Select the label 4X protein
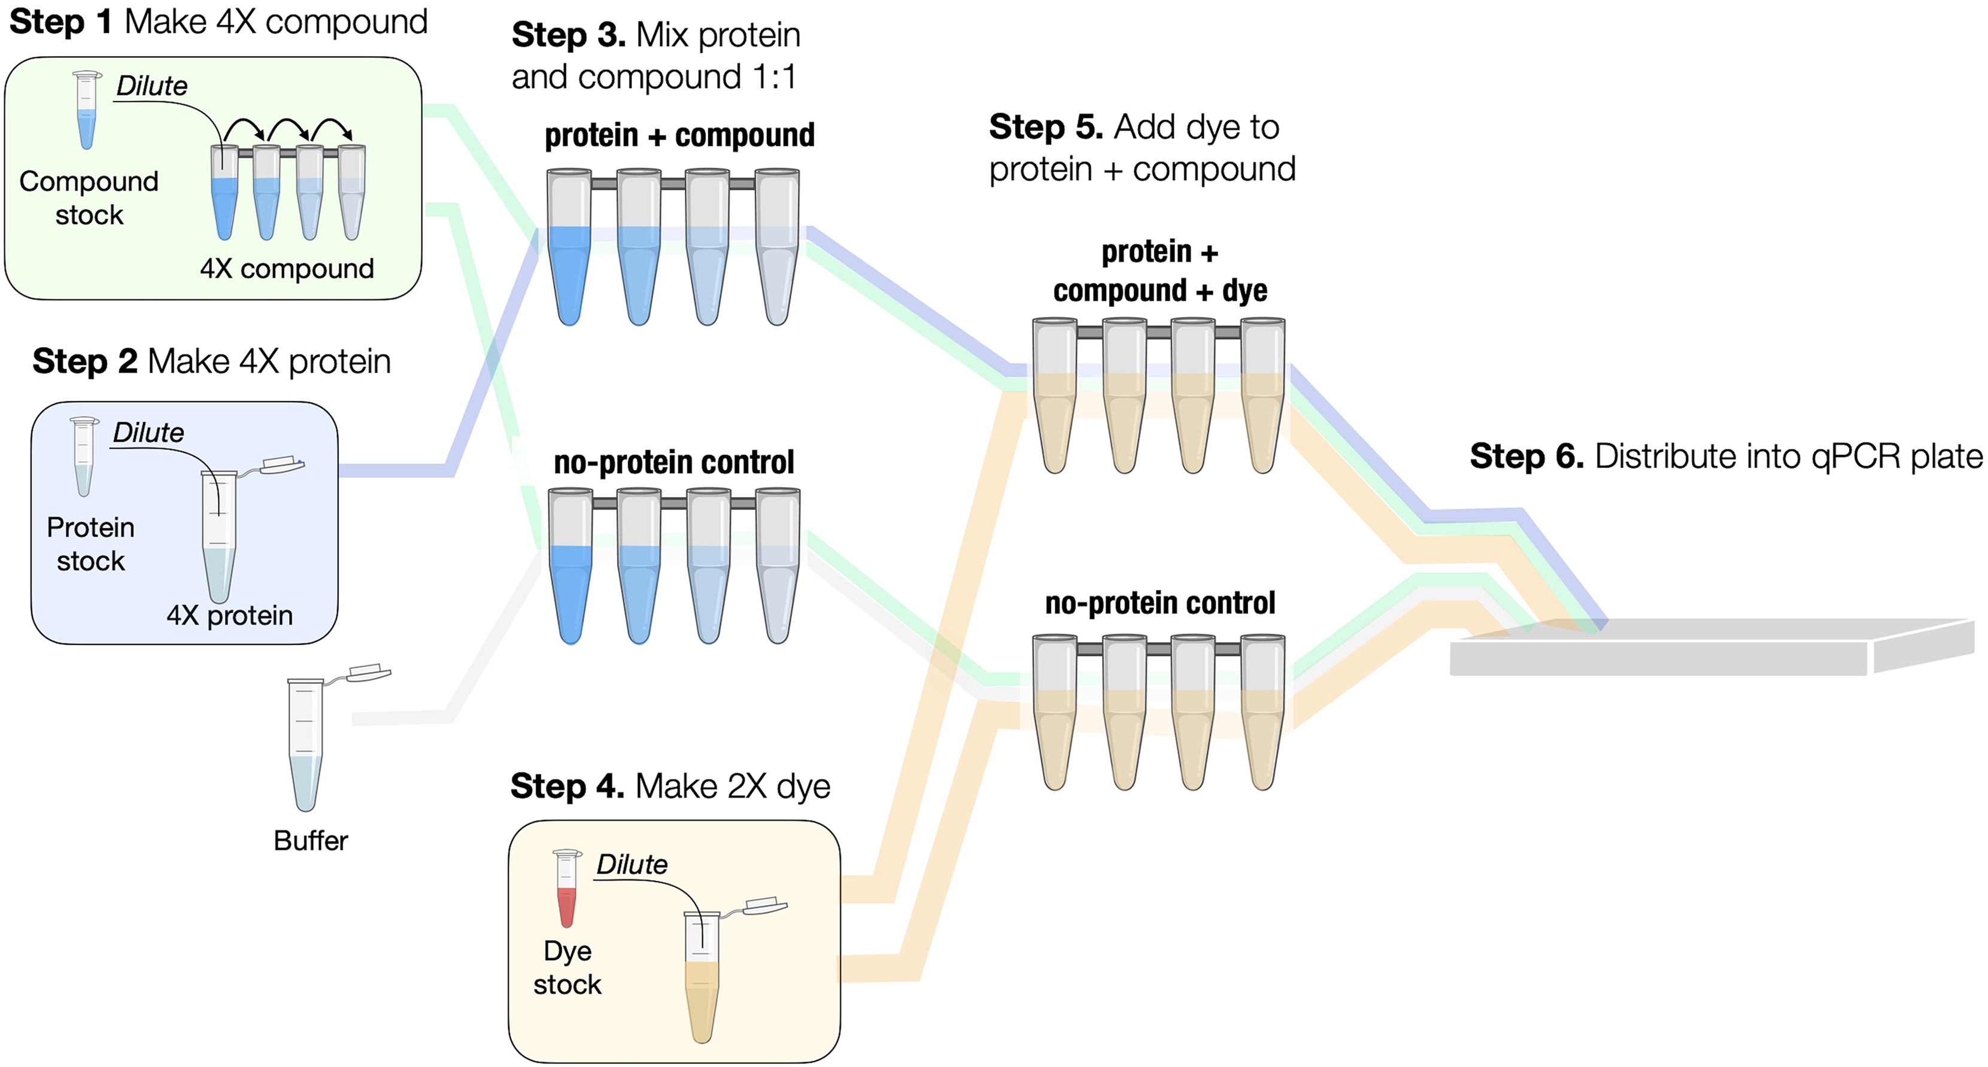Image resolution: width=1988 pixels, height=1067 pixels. pyautogui.click(x=229, y=615)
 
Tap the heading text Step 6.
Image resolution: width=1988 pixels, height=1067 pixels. pyautogui.click(x=1526, y=456)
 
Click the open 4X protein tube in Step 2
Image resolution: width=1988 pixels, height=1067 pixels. pyautogui.click(x=219, y=536)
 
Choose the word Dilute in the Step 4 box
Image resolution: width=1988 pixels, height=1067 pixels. pyautogui.click(x=632, y=864)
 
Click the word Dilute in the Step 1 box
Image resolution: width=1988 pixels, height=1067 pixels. pyautogui.click(x=151, y=86)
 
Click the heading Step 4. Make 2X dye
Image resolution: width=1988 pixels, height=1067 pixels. pyautogui.click(x=670, y=786)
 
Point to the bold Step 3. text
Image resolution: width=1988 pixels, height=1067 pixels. pyautogui.click(x=568, y=35)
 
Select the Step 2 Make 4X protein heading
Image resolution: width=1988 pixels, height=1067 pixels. pyautogui.click(x=211, y=361)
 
